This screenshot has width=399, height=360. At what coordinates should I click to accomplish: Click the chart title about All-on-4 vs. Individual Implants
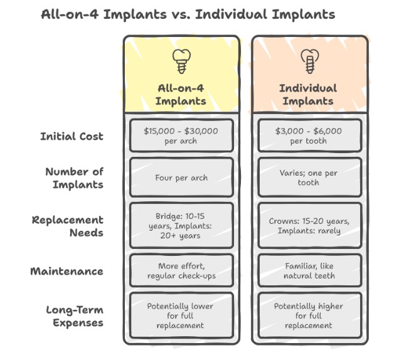click(x=188, y=13)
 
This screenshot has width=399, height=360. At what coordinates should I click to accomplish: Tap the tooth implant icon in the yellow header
click(x=181, y=61)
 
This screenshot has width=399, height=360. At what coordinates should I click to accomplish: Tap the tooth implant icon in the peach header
click(x=307, y=61)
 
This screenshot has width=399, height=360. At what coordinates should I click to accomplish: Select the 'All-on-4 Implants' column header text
click(x=181, y=95)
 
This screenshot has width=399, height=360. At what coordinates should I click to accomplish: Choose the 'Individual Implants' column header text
click(x=307, y=95)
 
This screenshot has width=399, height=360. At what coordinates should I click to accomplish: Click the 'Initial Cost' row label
click(x=72, y=136)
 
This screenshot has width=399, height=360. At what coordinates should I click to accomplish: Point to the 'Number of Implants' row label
click(x=74, y=177)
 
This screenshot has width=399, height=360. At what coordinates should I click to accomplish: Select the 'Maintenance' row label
click(x=68, y=272)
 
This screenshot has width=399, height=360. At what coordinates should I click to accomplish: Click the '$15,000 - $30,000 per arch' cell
click(x=181, y=136)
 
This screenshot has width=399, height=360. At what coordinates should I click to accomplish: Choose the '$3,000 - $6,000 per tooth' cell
click(x=307, y=136)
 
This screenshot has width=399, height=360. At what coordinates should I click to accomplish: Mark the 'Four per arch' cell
click(x=181, y=177)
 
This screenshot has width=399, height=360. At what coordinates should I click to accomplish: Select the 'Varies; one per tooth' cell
click(x=307, y=177)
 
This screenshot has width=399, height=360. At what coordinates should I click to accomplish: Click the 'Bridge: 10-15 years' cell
click(x=181, y=225)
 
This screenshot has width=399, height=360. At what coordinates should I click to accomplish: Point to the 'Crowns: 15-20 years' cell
click(x=307, y=225)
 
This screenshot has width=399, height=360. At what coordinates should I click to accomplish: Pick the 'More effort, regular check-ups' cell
click(x=181, y=270)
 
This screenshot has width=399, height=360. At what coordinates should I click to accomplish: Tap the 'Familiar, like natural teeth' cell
click(x=307, y=270)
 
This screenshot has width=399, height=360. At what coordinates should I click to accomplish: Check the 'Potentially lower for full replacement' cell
click(x=181, y=316)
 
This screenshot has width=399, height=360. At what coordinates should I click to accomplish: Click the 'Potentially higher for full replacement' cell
click(x=307, y=316)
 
